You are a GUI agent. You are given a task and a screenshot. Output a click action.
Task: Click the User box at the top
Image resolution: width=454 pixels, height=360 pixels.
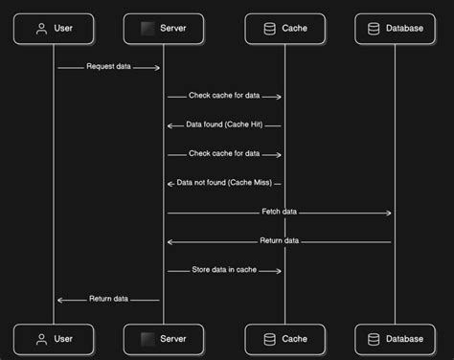point(55,29)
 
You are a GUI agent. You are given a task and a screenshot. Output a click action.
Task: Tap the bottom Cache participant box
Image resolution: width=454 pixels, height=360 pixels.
point(284,339)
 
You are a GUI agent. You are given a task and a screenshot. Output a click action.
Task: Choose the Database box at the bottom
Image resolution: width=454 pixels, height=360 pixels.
point(395,339)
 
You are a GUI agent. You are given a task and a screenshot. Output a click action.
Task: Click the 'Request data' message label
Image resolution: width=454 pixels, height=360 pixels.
point(108,67)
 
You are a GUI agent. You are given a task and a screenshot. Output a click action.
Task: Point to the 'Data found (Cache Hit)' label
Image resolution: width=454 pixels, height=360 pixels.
point(225,125)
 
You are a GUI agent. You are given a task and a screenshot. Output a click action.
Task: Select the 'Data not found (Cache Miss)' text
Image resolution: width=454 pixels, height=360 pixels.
point(225,183)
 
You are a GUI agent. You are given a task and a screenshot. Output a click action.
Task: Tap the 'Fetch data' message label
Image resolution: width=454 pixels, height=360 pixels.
point(279,212)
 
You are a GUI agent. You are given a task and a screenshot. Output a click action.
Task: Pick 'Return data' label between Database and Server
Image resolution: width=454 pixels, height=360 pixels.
point(279,241)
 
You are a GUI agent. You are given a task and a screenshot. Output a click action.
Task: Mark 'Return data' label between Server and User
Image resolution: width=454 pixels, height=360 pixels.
point(108,299)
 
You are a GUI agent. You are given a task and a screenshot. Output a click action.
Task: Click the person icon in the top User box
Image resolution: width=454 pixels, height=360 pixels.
point(41,29)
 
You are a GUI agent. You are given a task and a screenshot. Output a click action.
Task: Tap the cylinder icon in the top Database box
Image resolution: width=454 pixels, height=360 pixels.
point(375,29)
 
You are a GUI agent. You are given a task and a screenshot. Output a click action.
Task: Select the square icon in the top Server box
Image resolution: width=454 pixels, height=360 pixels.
point(148,29)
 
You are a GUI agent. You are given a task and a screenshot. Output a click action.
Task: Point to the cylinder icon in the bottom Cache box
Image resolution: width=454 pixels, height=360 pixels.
point(270,339)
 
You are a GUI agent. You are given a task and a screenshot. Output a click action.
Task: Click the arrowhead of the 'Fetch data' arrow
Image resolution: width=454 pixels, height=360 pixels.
point(390,213)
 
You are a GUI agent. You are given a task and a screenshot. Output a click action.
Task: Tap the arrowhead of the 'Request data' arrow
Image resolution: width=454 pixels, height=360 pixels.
point(157,68)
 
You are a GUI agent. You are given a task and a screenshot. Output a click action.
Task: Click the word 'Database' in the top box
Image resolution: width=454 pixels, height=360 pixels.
point(404,29)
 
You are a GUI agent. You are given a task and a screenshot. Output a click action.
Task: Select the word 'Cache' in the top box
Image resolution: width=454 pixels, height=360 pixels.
point(293,29)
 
